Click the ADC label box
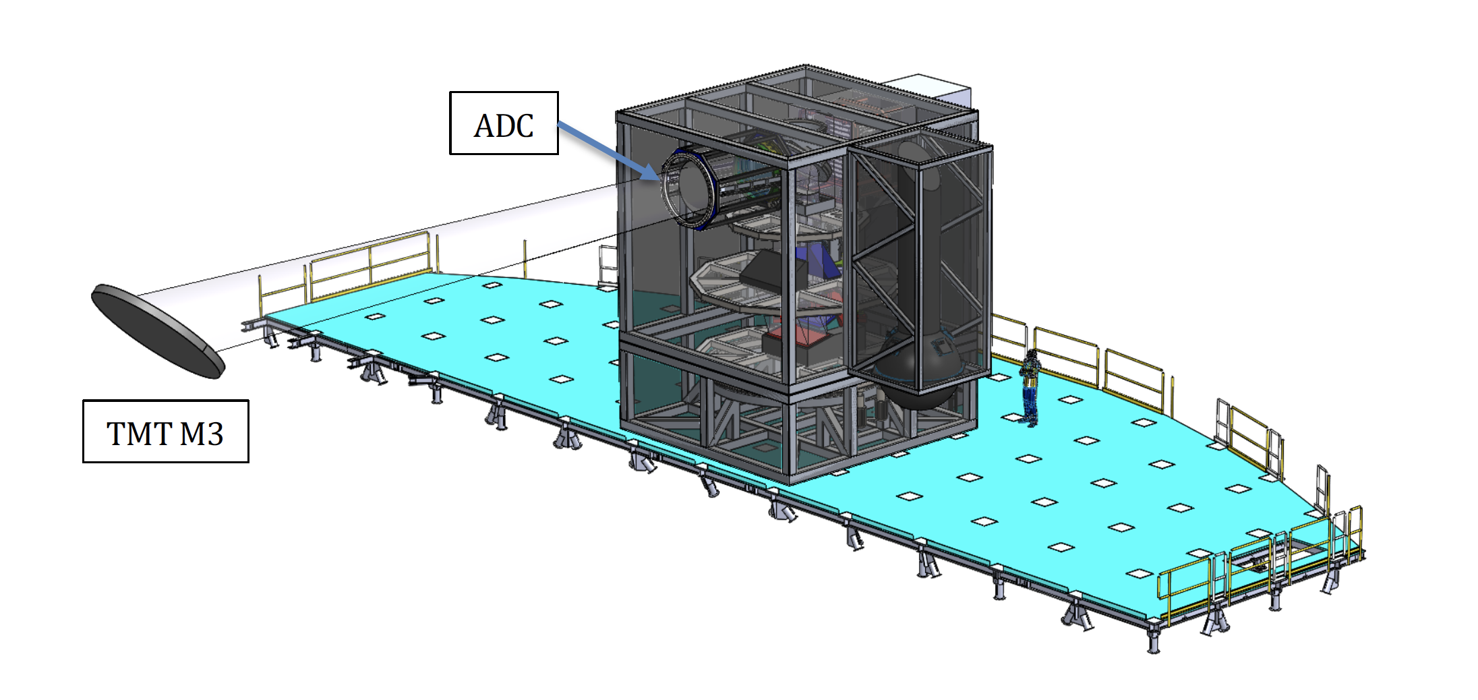504,123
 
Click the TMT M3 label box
165,432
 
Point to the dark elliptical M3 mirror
158,330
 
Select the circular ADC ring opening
687,189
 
